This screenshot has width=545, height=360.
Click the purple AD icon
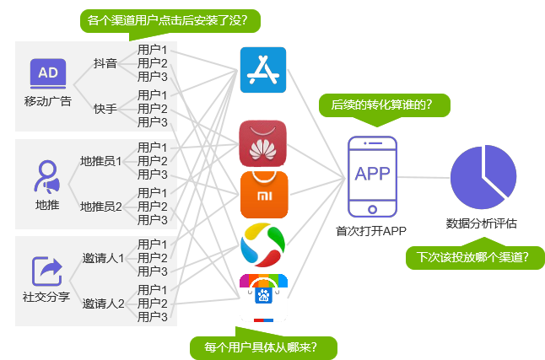click(47, 73)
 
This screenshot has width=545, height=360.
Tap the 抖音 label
click(105, 63)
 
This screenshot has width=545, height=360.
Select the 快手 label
click(105, 109)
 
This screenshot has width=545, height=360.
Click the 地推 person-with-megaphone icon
click(47, 177)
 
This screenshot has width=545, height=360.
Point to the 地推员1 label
click(101, 160)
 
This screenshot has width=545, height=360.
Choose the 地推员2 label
click(101, 206)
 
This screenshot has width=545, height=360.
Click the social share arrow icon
click(47, 271)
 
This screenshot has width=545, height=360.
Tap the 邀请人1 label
click(104, 258)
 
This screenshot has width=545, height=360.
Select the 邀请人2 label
click(104, 304)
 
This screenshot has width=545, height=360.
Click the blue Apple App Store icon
click(263, 70)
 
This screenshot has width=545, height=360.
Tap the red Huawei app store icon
click(263, 143)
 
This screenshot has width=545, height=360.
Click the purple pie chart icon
click(483, 178)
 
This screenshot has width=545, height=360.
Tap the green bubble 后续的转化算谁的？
click(382, 105)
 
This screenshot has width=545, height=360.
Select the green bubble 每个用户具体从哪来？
click(264, 347)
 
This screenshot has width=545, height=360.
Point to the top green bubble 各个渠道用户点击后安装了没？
click(173, 19)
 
